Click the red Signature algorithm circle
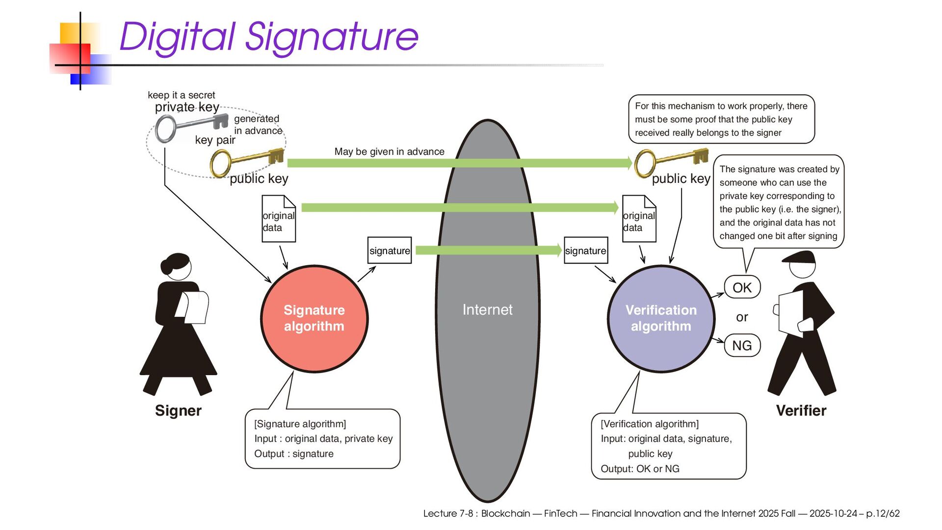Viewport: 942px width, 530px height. tap(314, 319)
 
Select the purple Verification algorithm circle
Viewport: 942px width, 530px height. tap(660, 319)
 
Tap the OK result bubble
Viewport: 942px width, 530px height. tap(742, 288)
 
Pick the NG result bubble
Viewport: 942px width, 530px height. tap(742, 346)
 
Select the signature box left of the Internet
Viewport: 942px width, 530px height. tap(390, 251)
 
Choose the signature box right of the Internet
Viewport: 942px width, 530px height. tap(585, 251)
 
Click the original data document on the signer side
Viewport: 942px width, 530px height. tap(279, 219)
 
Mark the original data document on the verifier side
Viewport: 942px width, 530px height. tap(639, 219)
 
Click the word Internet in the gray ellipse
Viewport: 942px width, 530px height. tap(487, 310)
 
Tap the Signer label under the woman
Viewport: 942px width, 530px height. tap(178, 411)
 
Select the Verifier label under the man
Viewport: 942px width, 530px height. tap(801, 411)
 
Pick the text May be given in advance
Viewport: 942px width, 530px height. tap(389, 152)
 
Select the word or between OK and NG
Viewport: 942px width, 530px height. tap(742, 318)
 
